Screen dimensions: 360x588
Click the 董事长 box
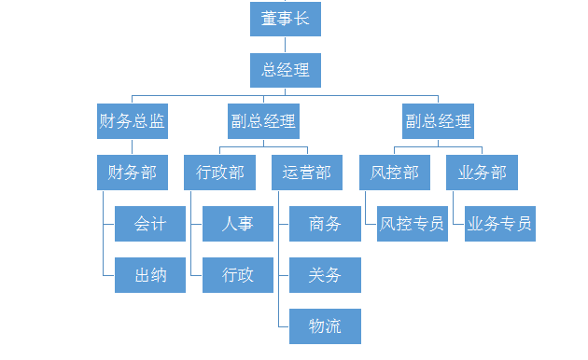coord(286,19)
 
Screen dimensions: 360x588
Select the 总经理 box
coord(286,70)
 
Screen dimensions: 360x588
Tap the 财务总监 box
coord(132,121)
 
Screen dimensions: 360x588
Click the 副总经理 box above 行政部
coord(263,121)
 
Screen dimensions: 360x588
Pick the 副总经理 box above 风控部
coord(438,121)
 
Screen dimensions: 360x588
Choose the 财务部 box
coord(132,173)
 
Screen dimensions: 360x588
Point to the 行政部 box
coord(219,173)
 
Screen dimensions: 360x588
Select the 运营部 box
coord(307,173)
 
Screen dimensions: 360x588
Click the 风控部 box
coord(395,173)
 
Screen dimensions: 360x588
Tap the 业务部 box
coord(482,173)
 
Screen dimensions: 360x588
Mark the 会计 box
coord(150,224)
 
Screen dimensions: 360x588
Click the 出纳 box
coord(150,275)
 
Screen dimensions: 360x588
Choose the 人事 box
coord(238,224)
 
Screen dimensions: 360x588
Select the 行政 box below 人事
coord(238,275)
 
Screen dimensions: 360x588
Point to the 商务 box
coord(325,224)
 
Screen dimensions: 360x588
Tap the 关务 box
coord(325,275)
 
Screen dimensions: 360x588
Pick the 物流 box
coord(325,326)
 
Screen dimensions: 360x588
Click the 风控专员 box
coord(413,224)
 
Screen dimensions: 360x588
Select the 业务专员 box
coord(500,224)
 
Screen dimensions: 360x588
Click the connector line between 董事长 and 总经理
coord(286,45)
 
